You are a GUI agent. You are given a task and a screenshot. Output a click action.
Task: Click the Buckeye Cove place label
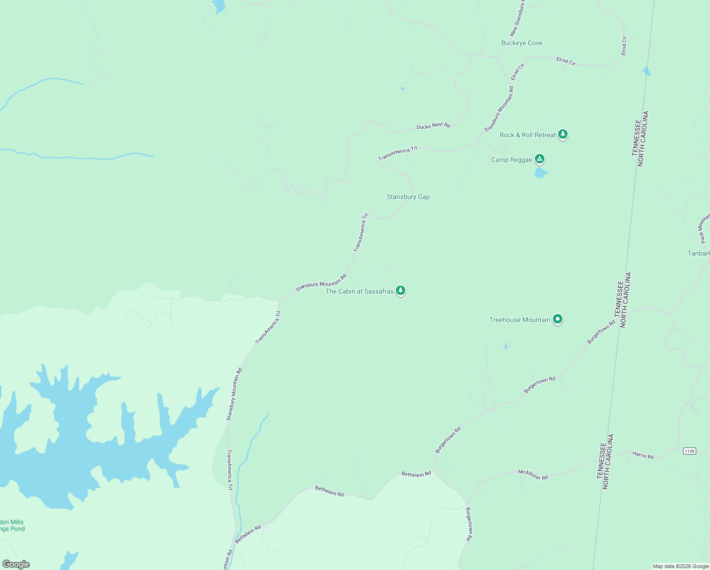point(522,43)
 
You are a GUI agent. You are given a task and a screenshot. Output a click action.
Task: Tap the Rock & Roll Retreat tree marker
point(563,134)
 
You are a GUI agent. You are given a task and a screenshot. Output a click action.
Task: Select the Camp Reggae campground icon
point(539,159)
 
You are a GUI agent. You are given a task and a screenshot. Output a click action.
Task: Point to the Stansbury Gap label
point(408,197)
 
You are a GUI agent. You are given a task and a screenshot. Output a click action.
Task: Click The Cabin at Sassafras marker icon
point(401,290)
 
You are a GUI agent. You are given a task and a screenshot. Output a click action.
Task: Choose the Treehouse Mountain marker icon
point(558,319)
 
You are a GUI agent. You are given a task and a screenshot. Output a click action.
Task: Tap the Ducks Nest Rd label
point(433,126)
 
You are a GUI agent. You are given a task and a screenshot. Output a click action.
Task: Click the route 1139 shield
point(690,451)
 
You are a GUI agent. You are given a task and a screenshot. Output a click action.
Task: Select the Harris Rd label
point(643,456)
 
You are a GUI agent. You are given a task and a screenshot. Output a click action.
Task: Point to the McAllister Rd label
point(533,475)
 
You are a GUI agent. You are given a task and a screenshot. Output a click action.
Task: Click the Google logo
point(16,564)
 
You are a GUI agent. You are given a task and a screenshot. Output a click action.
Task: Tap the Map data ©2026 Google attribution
point(681,566)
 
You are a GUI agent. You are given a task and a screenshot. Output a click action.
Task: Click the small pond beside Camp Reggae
point(540,173)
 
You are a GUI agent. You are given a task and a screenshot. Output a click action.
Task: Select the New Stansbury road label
point(517,19)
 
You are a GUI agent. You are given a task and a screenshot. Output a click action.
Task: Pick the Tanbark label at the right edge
point(699,254)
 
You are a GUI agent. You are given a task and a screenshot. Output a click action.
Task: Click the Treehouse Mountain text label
point(520,320)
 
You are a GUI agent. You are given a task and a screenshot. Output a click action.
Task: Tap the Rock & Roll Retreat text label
point(527,135)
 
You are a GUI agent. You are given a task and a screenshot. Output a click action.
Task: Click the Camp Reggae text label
point(512,160)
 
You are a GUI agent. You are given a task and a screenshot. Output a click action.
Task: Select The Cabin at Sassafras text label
point(359,292)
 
